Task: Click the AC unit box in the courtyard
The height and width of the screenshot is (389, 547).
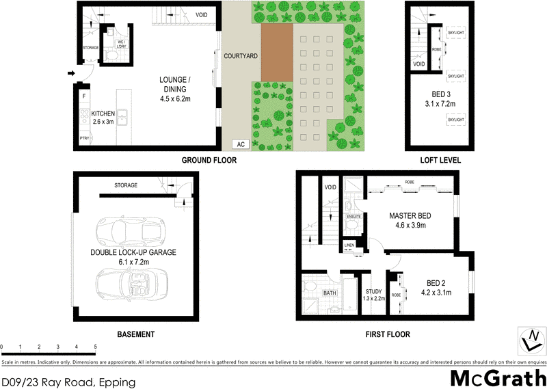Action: pos(240,144)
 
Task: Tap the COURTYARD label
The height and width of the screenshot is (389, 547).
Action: pos(241,56)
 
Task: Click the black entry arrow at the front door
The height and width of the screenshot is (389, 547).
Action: pos(71,73)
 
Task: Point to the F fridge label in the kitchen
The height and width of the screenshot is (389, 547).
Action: pos(84,96)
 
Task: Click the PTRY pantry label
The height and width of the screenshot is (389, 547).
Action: pos(84,139)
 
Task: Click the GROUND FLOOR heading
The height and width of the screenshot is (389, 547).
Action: pos(209,161)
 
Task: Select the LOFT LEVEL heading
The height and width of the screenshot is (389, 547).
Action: pos(440,161)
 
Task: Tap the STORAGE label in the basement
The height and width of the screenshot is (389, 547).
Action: pos(126,185)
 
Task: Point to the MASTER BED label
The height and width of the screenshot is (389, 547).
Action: pos(409,215)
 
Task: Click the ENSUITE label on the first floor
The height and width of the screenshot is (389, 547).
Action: pos(353,217)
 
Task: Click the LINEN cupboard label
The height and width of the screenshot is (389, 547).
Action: pos(349,244)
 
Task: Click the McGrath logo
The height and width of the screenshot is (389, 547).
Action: pos(498,377)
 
